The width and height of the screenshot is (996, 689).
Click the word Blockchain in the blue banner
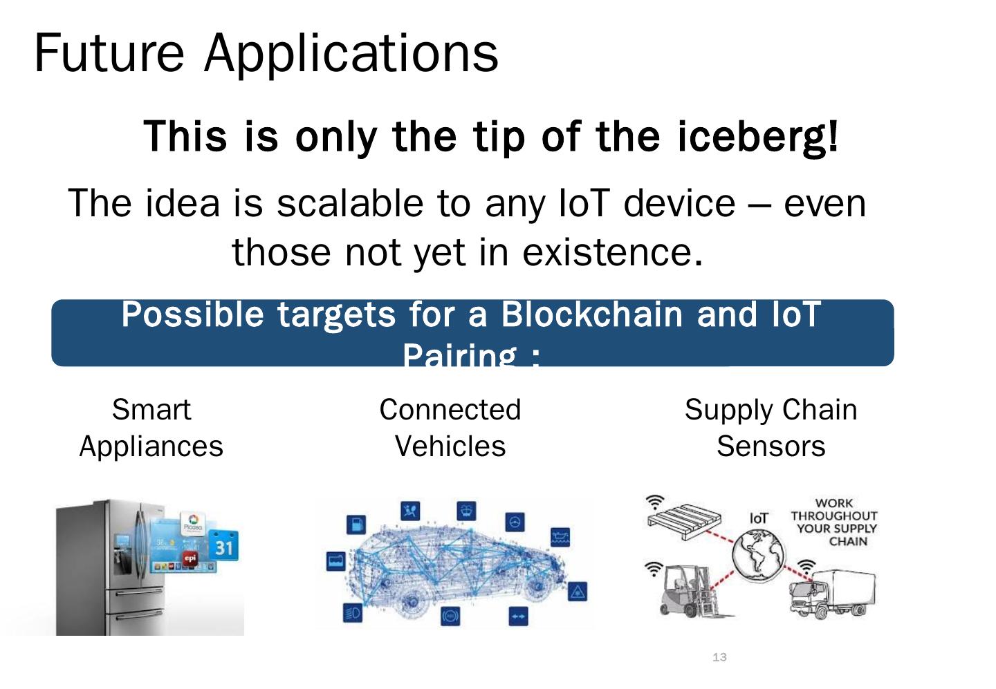pos(591,314)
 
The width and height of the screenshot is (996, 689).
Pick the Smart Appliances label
pos(151,428)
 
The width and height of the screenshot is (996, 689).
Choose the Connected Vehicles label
pos(450,428)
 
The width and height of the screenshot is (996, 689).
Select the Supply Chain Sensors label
pos(771,428)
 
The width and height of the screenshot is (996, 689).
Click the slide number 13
pos(719,657)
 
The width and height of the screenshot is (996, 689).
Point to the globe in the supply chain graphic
pos(759,554)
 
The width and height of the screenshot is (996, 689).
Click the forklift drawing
pos(688,587)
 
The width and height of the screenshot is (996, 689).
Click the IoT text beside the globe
pos(759,518)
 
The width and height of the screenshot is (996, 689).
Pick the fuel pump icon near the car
pos(356,525)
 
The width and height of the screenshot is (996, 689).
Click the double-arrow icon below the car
pos(518,616)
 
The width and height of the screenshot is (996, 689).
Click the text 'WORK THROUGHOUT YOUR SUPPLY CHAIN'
pos(834,522)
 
